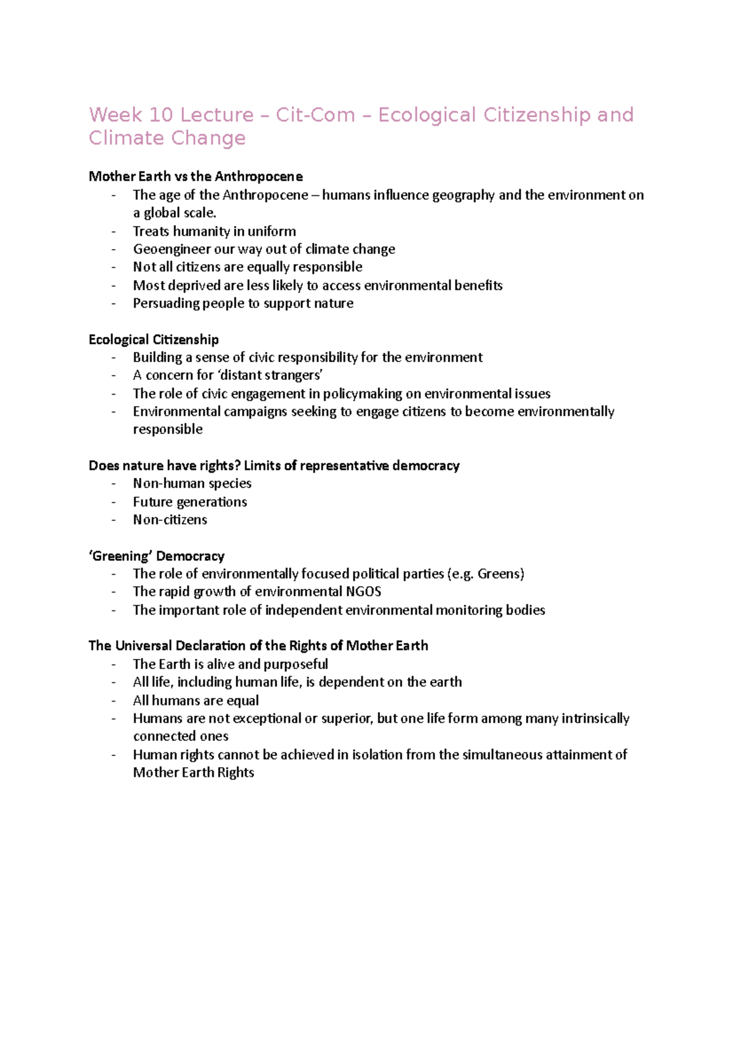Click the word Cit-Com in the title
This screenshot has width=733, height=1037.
pyautogui.click(x=315, y=115)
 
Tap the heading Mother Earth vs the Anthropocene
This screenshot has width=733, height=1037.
pyautogui.click(x=195, y=176)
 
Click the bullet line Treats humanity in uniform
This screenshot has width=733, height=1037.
pyautogui.click(x=214, y=231)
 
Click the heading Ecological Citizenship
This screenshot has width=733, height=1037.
pyautogui.click(x=153, y=340)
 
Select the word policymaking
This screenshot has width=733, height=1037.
pyautogui.click(x=363, y=394)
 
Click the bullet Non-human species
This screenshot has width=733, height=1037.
pyautogui.click(x=192, y=484)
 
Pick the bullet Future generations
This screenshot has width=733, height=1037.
pyautogui.click(x=190, y=502)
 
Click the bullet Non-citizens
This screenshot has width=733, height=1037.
pyautogui.click(x=170, y=520)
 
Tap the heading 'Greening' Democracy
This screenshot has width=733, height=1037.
pyautogui.click(x=156, y=556)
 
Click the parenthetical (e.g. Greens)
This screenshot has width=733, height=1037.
pyautogui.click(x=486, y=574)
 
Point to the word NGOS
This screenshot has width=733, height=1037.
pyautogui.click(x=363, y=592)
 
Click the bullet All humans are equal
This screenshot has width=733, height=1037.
pyautogui.click(x=195, y=700)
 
